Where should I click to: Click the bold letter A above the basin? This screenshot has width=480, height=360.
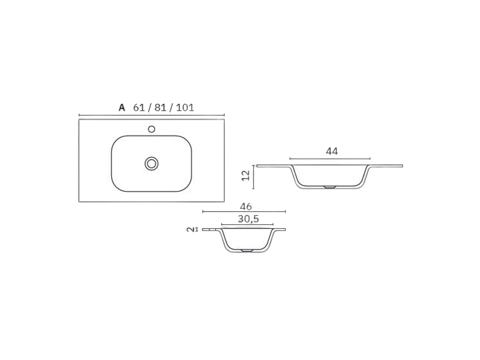(122, 108)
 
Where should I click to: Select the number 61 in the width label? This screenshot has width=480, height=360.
(139, 108)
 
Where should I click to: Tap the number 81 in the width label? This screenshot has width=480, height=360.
(160, 108)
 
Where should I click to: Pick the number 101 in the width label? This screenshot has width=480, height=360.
(185, 108)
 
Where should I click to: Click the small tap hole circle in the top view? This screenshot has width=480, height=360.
(152, 129)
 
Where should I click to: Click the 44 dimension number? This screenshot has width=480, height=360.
(332, 151)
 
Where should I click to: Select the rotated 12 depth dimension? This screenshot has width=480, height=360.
(245, 175)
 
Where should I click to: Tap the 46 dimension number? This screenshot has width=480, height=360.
(246, 206)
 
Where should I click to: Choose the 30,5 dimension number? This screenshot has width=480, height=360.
(248, 219)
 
